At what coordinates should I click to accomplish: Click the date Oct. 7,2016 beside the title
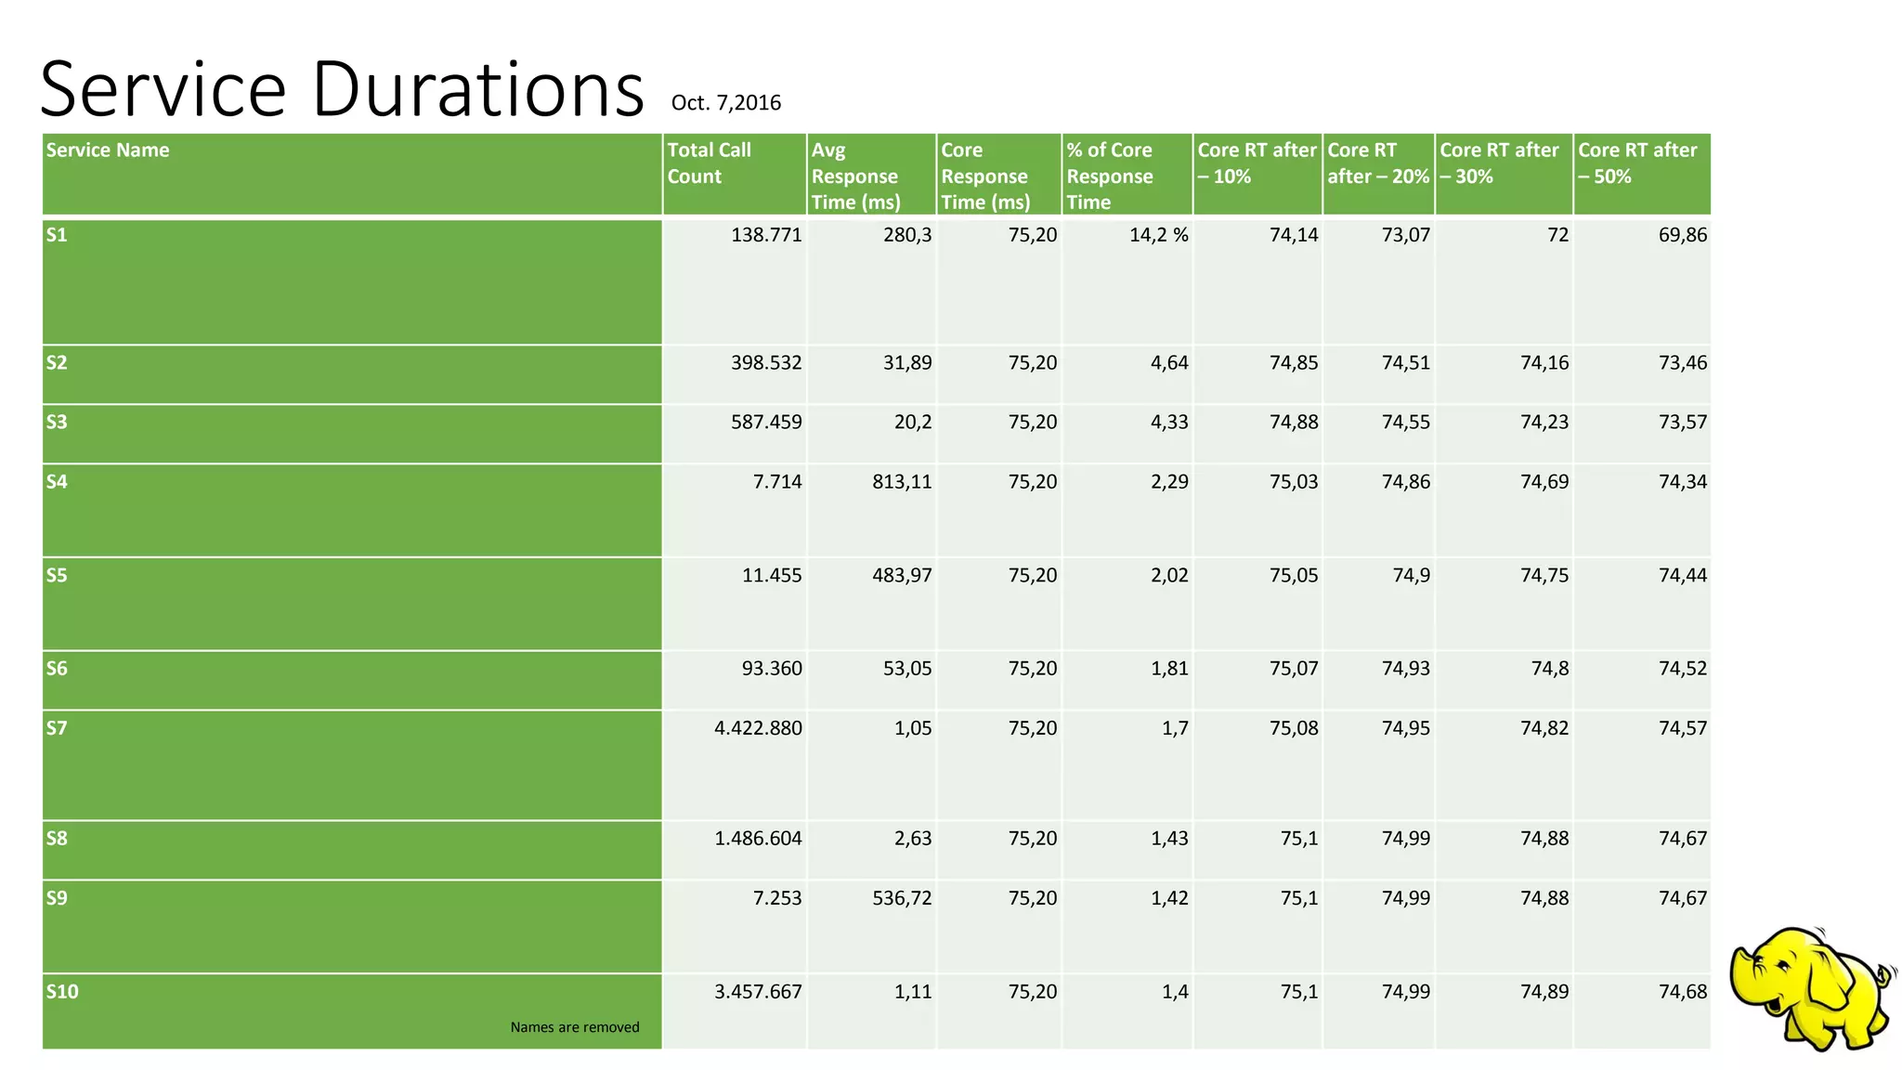725,103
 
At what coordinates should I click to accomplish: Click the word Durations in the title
477,90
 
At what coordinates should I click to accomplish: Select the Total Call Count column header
710,163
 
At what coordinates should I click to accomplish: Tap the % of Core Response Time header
1110,176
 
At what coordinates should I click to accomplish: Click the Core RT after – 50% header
1636,163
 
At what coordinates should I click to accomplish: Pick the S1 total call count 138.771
765,235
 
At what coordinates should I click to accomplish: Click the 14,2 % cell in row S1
1158,235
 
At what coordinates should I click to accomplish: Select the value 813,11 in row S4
901,482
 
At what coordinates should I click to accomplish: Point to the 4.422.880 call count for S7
758,728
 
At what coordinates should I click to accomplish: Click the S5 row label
58,576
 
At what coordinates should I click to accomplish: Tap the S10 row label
62,992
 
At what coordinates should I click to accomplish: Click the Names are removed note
574,1027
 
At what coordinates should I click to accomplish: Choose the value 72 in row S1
1557,235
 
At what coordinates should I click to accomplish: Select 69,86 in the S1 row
1682,235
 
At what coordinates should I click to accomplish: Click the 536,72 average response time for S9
901,898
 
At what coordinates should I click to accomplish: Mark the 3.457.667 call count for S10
758,992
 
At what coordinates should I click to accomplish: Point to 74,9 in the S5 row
1411,576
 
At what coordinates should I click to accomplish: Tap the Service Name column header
108,150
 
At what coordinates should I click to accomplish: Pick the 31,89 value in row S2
906,363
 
